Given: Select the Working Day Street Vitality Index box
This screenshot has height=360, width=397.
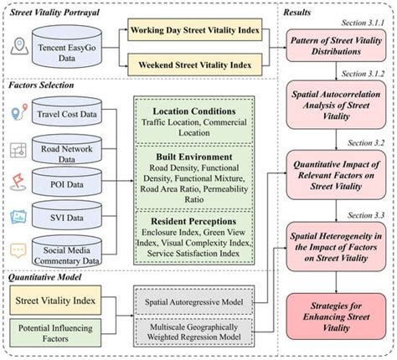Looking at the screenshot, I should [x=195, y=31].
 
